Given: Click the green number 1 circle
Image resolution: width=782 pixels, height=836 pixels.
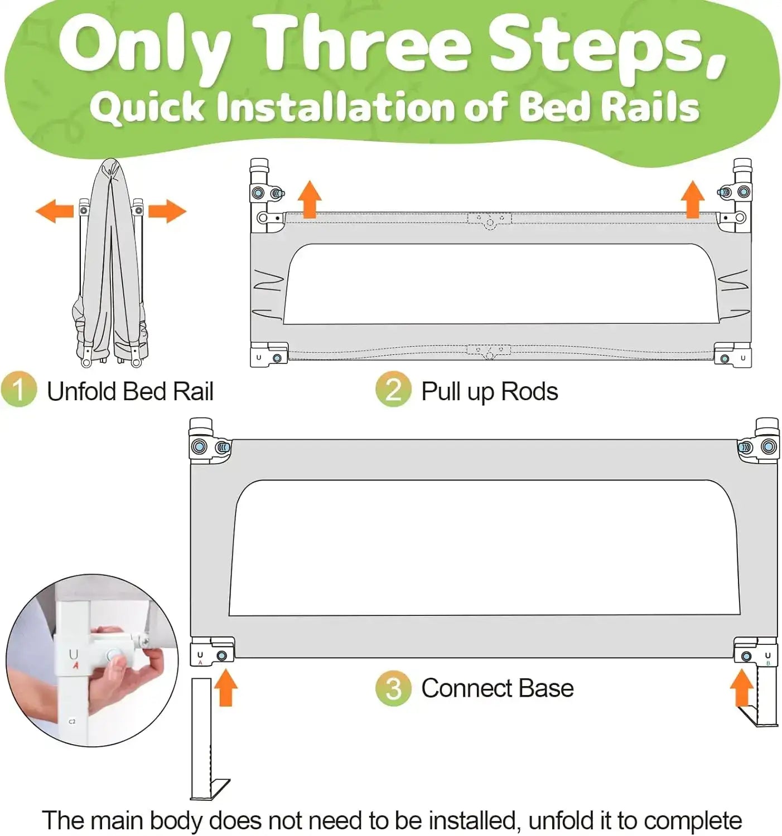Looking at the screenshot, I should pyautogui.click(x=19, y=390).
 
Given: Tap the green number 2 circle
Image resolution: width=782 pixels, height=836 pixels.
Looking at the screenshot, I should pyautogui.click(x=393, y=390).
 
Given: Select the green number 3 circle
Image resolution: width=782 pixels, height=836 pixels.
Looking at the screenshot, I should pyautogui.click(x=393, y=688).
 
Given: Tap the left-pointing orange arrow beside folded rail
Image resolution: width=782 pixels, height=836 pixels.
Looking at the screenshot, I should pyautogui.click(x=55, y=211).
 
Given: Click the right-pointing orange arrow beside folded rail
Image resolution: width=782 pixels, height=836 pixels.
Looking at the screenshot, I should pyautogui.click(x=167, y=211).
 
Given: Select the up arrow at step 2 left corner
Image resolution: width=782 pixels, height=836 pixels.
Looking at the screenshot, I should pyautogui.click(x=310, y=200).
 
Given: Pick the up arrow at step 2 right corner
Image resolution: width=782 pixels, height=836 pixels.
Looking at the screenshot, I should pyautogui.click(x=693, y=200).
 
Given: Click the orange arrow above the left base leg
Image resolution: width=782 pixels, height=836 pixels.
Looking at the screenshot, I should pyautogui.click(x=225, y=687).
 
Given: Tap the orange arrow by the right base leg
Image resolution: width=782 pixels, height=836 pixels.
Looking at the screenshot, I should pyautogui.click(x=742, y=687).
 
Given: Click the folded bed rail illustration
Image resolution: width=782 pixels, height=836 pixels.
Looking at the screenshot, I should pyautogui.click(x=112, y=262).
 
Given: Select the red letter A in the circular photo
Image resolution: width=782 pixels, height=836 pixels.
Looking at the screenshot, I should pyautogui.click(x=76, y=665).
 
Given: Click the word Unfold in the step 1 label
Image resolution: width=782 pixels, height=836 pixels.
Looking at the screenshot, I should pyautogui.click(x=81, y=391).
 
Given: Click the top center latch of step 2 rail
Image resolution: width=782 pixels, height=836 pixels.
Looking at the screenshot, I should pyautogui.click(x=490, y=221).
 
